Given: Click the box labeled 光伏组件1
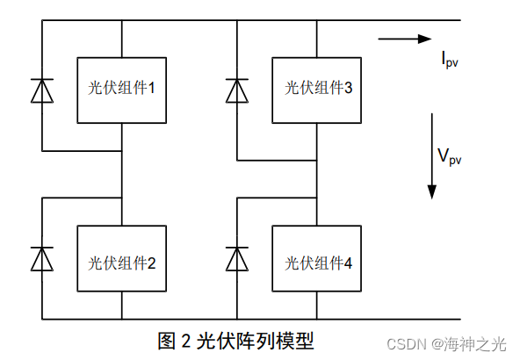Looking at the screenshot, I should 121,89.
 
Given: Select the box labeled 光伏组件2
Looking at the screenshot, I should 121,260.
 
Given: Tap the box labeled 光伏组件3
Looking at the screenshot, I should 315,89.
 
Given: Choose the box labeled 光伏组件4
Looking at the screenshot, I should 315,260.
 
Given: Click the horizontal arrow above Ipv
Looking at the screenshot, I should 405,39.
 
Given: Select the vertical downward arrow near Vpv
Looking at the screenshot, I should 431,155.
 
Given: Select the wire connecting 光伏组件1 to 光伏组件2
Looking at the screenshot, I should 121,176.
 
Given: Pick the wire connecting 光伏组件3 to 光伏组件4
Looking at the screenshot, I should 315,176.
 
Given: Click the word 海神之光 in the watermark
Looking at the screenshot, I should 474,343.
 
